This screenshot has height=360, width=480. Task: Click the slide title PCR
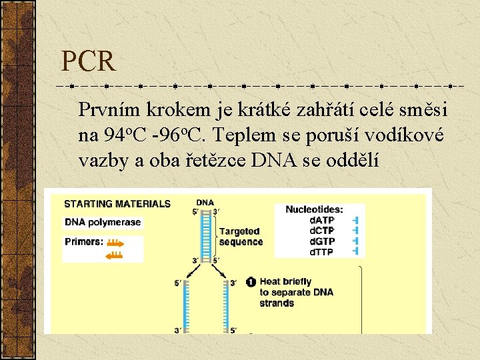pyautogui.click(x=88, y=62)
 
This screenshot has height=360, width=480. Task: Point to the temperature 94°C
pyautogui.click(x=124, y=135)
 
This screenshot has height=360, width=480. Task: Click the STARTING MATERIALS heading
pyautogui.click(x=117, y=204)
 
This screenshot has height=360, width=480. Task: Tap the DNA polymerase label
pyautogui.click(x=103, y=222)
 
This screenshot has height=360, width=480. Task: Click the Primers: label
pyautogui.click(x=84, y=241)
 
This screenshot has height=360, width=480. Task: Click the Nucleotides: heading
pyautogui.click(x=314, y=209)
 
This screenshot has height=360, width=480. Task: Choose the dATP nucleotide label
pyautogui.click(x=322, y=220)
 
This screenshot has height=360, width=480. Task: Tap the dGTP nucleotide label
pyautogui.click(x=322, y=241)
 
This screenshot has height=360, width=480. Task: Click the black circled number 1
pyautogui.click(x=251, y=282)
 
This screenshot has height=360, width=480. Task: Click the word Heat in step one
pyautogui.click(x=270, y=282)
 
